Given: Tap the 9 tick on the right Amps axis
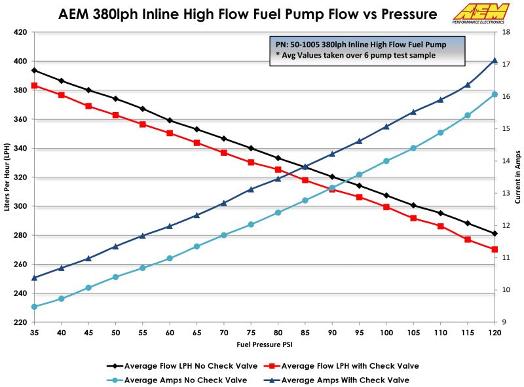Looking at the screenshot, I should click(504, 322).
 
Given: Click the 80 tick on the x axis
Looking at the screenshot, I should click(278, 333).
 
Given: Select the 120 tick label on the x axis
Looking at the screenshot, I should click(495, 333).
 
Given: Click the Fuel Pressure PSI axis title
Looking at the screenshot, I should click(264, 344).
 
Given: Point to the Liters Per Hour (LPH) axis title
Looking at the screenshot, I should click(7, 177).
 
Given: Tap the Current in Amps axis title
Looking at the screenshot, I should click(517, 177).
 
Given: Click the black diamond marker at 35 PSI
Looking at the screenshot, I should click(34, 70).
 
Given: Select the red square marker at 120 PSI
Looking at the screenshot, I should click(495, 249).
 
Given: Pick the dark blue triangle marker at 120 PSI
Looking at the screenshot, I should click(495, 60).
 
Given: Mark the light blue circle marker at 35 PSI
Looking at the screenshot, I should click(34, 306).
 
